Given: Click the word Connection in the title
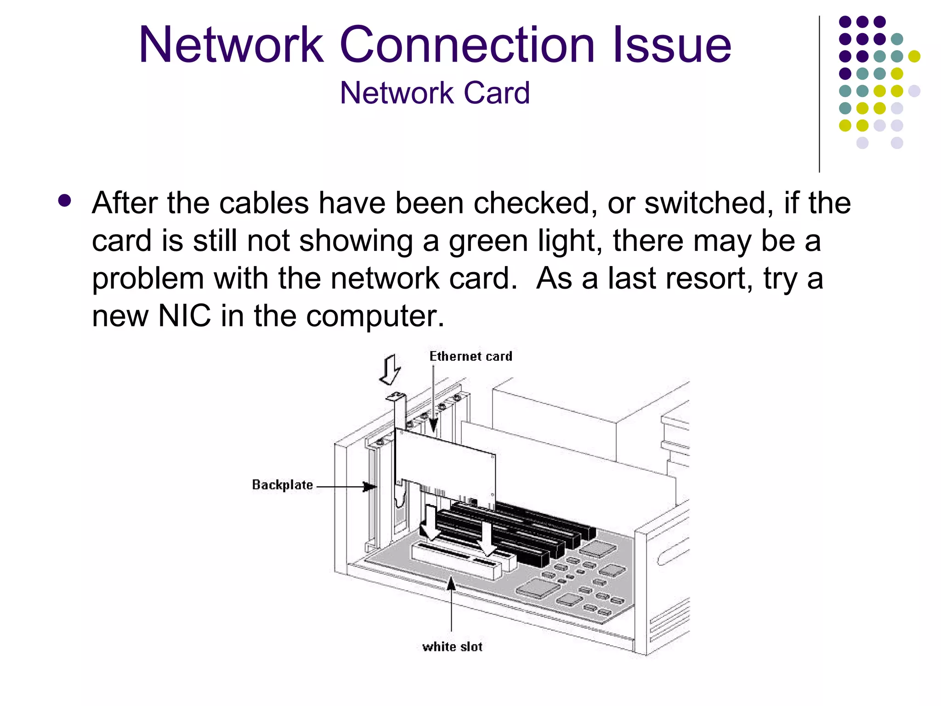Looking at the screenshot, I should [467, 45].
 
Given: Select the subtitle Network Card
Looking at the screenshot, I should [435, 93].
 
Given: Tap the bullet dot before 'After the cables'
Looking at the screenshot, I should [65, 201].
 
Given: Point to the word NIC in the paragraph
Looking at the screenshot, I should [184, 316].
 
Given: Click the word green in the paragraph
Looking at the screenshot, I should [488, 241].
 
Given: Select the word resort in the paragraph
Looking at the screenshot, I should [703, 279].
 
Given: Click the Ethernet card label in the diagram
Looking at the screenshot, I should [470, 356].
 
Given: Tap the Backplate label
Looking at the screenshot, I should [283, 485].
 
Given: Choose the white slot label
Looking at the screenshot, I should [452, 647].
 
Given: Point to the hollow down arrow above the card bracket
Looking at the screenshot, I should [390, 369].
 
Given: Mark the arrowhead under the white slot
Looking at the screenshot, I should [452, 584].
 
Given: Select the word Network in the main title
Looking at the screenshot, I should [231, 45].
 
